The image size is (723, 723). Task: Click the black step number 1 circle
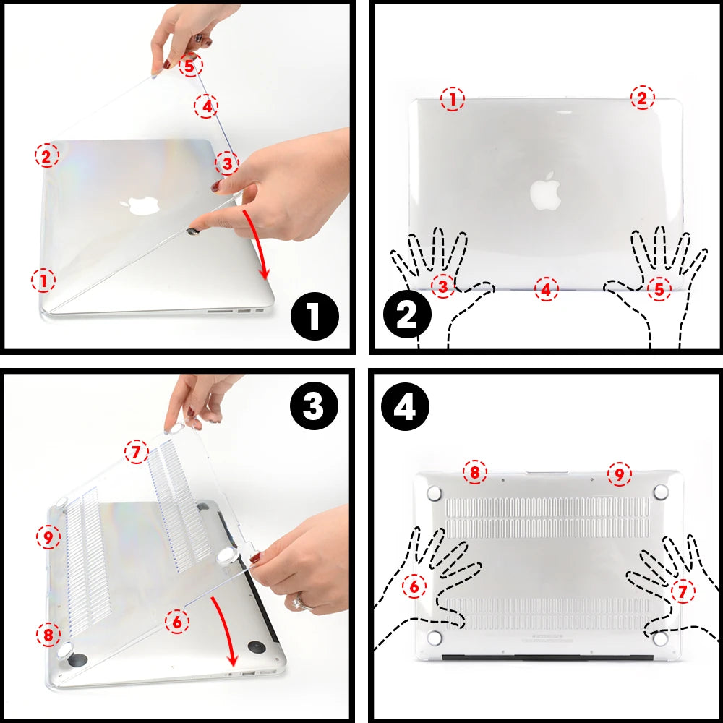coord(313,316)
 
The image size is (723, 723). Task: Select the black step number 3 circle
coord(313,407)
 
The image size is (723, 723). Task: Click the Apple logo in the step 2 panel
coord(546,191)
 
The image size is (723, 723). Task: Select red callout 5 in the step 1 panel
coord(190,66)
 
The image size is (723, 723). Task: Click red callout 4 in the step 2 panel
coord(547,289)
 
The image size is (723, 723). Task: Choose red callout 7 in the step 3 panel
coord(136,453)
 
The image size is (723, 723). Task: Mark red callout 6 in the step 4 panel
coord(414,586)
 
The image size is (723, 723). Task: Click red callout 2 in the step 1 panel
coord(47,155)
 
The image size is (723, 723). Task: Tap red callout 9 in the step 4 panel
coord(620,474)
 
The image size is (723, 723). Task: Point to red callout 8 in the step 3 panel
coord(48,636)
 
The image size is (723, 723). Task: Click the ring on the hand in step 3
coord(297,601)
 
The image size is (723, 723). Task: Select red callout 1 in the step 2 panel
coord(453,99)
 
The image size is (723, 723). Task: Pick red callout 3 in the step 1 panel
coord(226,163)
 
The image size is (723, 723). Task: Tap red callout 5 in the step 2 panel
coord(658,289)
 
